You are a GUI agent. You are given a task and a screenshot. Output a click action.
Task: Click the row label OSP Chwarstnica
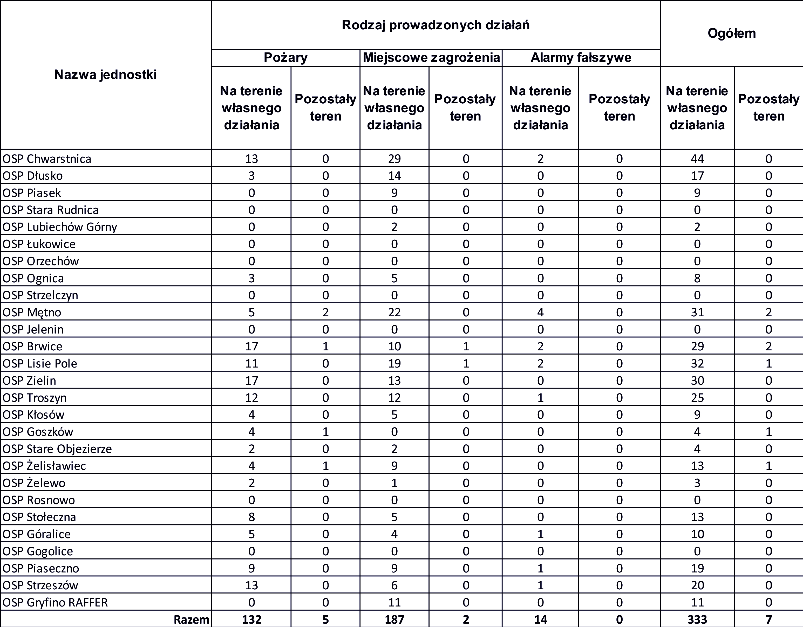coord(47,159)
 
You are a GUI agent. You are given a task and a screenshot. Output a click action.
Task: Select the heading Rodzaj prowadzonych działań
coord(436,25)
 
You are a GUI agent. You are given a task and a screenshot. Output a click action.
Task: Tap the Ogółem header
coord(731,33)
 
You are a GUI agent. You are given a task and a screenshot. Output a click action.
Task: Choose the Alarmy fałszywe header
coord(581,58)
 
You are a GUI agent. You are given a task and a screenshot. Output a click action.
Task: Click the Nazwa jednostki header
coord(106,75)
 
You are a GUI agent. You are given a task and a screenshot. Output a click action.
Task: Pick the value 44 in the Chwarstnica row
coord(697,159)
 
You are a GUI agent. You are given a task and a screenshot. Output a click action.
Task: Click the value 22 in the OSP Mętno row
coord(394,312)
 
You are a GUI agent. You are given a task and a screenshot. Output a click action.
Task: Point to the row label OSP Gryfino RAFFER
coord(55,603)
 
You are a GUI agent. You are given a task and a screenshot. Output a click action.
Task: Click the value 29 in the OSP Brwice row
coord(697,346)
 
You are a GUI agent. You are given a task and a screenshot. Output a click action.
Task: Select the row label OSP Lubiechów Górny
coord(60,227)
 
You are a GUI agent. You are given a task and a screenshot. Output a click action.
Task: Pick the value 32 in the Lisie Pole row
coord(697,364)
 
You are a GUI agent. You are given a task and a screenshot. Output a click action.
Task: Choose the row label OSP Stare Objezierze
coord(57,449)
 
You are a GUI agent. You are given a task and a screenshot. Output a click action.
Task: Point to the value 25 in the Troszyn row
coord(697,398)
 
